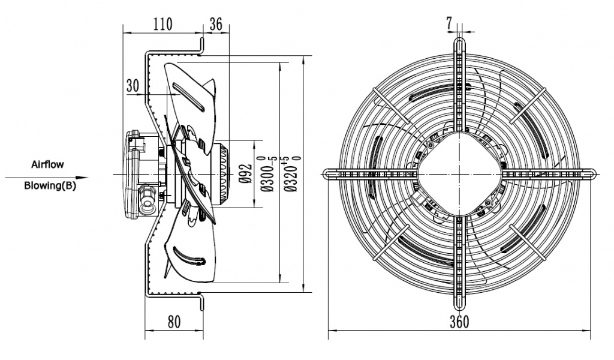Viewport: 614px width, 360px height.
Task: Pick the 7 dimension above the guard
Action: [x=449, y=23]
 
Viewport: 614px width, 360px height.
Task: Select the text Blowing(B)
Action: [x=50, y=185]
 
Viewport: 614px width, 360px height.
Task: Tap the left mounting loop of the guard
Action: [x=329, y=173]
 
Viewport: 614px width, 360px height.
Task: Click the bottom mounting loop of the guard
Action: [x=460, y=300]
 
